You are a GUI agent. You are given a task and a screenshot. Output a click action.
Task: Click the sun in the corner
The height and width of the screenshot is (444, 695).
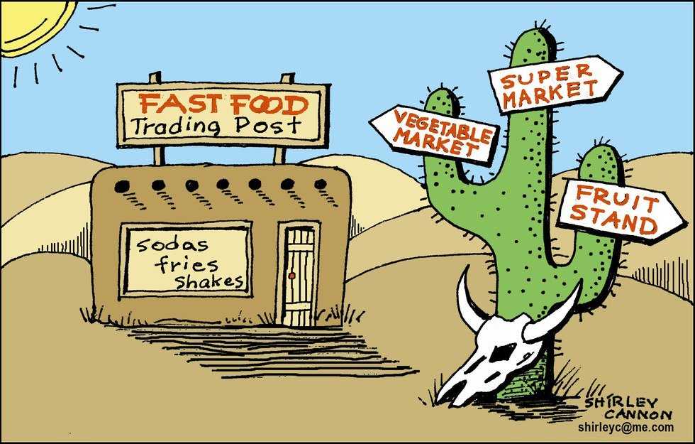(x=31, y=24)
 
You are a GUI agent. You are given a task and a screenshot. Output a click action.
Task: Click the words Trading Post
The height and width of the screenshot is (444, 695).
(x=216, y=126)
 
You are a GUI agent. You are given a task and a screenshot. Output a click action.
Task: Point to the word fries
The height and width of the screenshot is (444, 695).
(x=186, y=264)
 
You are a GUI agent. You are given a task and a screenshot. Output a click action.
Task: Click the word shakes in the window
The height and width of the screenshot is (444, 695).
(x=208, y=281)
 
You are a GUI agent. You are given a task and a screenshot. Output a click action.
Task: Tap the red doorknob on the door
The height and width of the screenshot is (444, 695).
(x=291, y=276)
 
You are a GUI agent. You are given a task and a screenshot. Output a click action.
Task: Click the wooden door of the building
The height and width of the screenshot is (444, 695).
(x=299, y=276)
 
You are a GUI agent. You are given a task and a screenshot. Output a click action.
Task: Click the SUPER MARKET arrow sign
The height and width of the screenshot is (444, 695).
(x=554, y=85)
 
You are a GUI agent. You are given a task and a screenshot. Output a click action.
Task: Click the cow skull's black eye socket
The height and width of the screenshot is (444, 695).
(x=500, y=353)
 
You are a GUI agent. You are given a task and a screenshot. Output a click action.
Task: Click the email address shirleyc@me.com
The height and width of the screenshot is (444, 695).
(x=625, y=427)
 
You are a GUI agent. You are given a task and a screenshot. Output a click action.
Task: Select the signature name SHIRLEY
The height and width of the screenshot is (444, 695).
(x=621, y=402)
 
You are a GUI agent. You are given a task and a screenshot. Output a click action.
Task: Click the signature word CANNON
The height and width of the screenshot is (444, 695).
(x=639, y=414)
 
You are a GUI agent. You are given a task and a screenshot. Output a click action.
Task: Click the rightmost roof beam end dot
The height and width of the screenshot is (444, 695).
(x=321, y=184)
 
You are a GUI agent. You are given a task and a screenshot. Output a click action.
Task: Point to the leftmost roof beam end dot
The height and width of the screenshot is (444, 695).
(x=121, y=186)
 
